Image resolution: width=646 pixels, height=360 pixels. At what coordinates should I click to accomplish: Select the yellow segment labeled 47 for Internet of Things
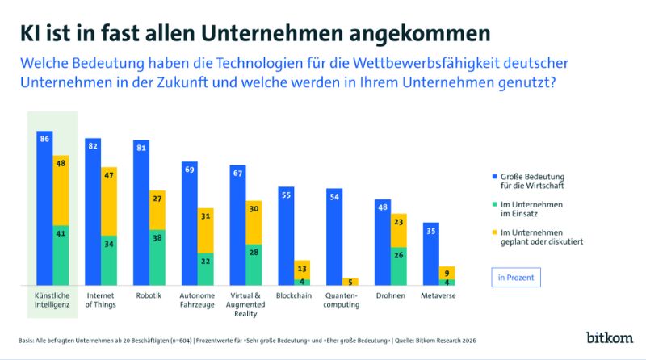(x=108, y=202)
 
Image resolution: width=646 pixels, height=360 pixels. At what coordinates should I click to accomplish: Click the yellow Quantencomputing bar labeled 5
(x=350, y=282)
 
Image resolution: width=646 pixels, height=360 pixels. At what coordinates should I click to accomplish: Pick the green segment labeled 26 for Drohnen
(x=399, y=266)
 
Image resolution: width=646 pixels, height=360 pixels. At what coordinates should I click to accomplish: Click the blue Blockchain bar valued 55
(x=286, y=235)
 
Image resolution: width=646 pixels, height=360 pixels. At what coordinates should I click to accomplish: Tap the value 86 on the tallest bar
(x=44, y=140)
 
